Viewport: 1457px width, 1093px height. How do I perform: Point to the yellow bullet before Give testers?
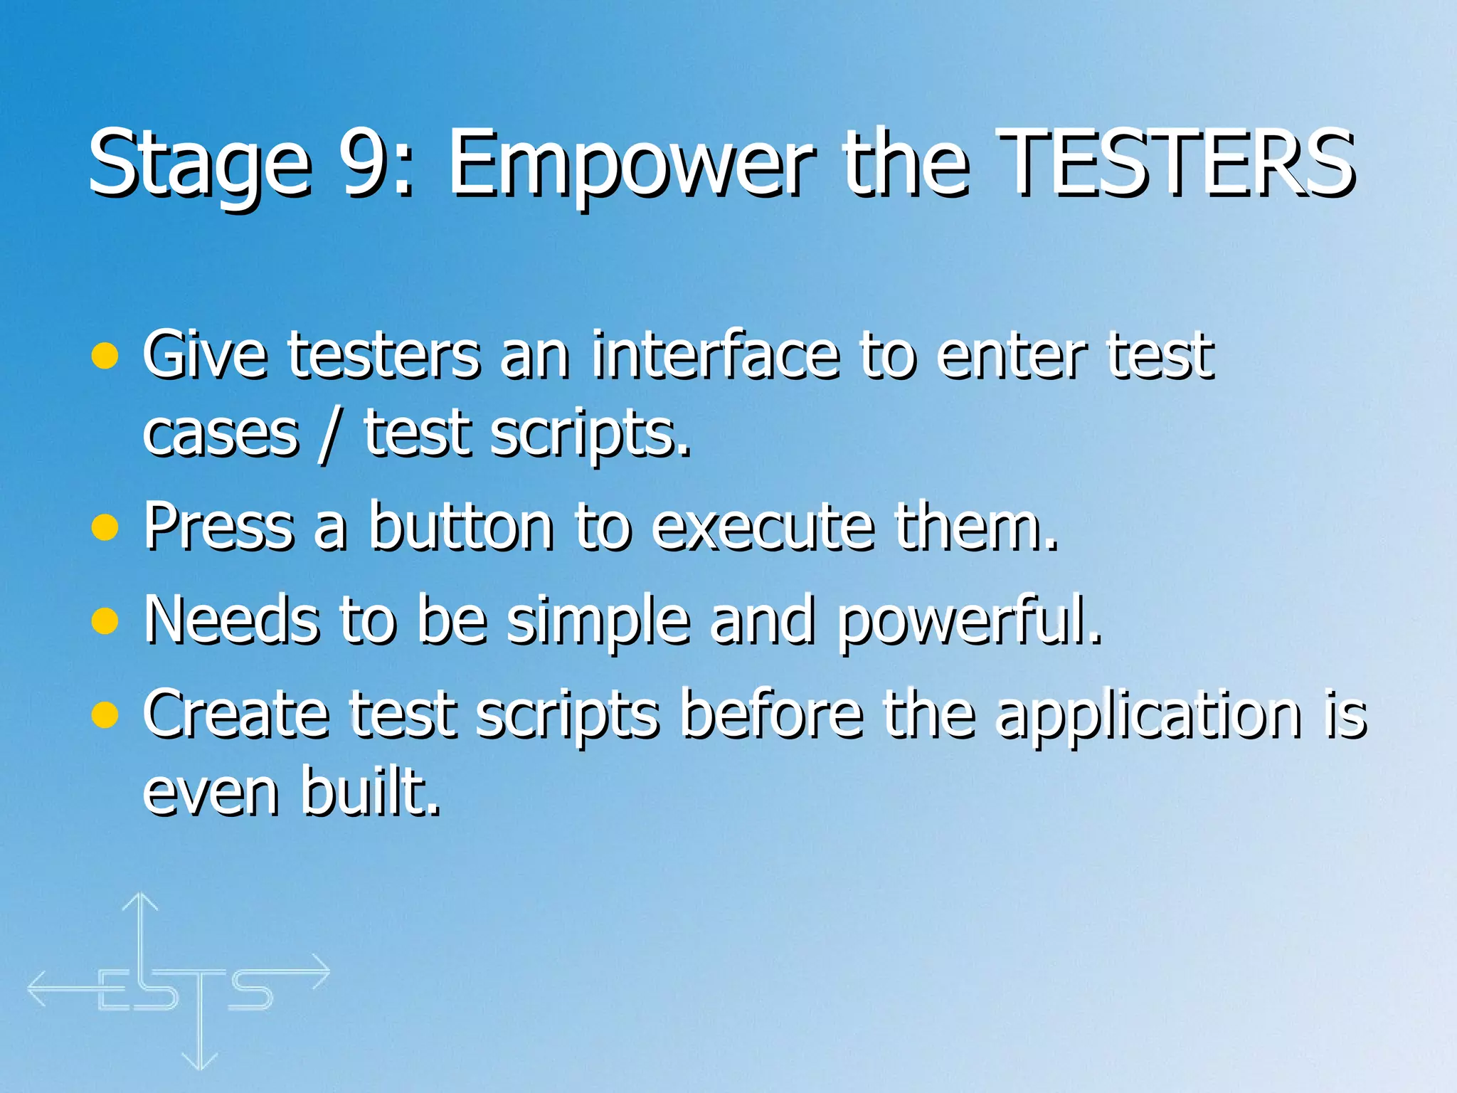pyautogui.click(x=105, y=356)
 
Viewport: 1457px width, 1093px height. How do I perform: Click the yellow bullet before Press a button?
pyautogui.click(x=105, y=528)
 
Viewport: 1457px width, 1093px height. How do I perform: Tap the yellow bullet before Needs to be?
pyautogui.click(x=105, y=621)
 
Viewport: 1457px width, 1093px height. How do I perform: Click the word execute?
pyautogui.click(x=763, y=527)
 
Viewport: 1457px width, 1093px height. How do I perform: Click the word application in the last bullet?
pyautogui.click(x=1149, y=715)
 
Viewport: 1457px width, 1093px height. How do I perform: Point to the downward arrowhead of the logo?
pyautogui.click(x=200, y=1062)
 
